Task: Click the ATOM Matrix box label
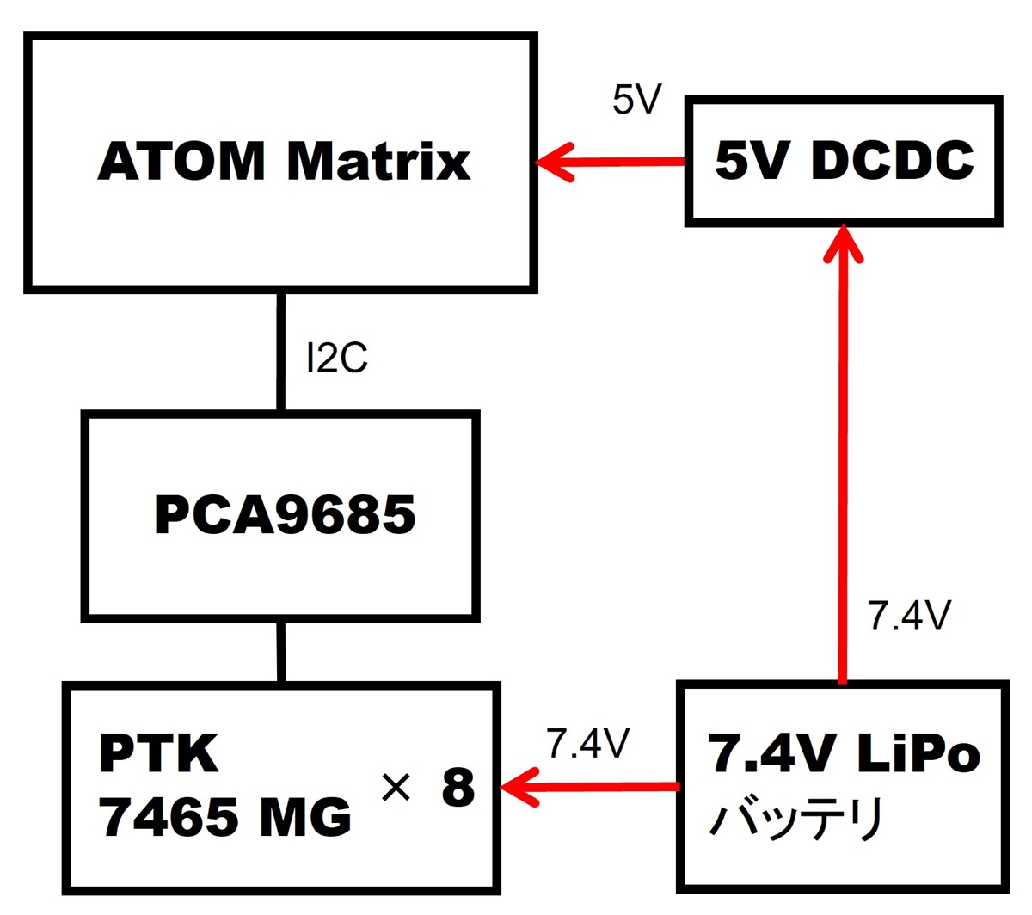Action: point(284,162)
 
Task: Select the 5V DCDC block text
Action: point(844,161)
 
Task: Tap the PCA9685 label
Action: point(284,515)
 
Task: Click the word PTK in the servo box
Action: point(159,753)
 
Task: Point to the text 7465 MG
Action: point(225,816)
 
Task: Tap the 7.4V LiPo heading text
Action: point(843,754)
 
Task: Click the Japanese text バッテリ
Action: point(795,819)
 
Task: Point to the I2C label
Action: point(337,358)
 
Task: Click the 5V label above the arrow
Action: point(636,100)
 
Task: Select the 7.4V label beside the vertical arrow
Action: point(909,617)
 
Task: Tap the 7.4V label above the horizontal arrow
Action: point(588,743)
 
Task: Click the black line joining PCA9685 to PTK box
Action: point(280,651)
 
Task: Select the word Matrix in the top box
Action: point(378,162)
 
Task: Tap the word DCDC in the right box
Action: point(892,161)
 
